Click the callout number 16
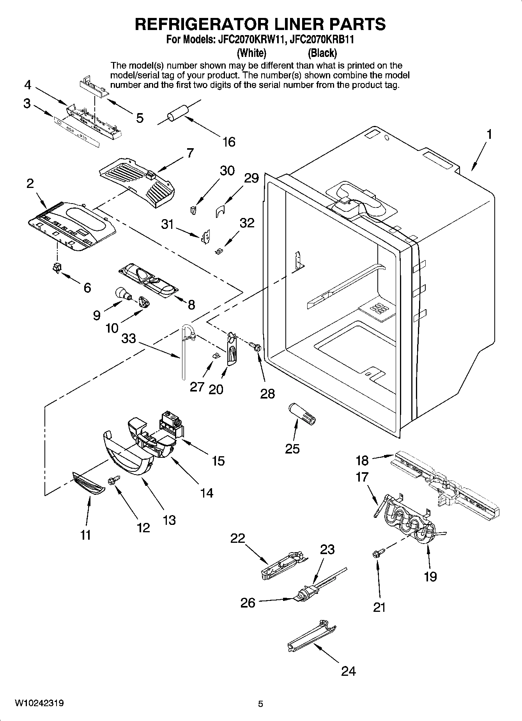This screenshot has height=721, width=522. [x=229, y=142]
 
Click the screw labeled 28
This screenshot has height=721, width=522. [x=255, y=346]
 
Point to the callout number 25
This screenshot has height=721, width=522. [x=292, y=449]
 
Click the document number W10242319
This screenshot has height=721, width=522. [x=39, y=703]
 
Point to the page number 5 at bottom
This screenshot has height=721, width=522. [x=260, y=704]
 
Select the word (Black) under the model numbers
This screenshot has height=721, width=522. [x=322, y=53]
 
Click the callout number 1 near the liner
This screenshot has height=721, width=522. [x=488, y=135]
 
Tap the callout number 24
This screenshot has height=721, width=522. [x=348, y=671]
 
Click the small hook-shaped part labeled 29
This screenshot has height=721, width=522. [x=221, y=211]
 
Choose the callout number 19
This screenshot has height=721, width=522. [x=430, y=576]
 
